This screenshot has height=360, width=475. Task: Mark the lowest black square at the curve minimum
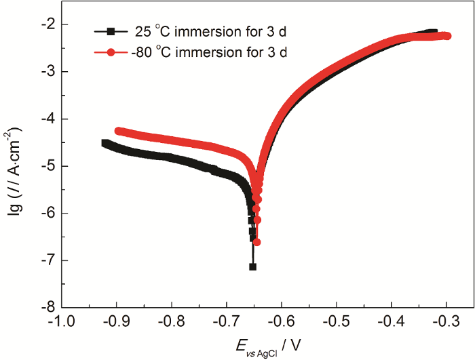point(253,266)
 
